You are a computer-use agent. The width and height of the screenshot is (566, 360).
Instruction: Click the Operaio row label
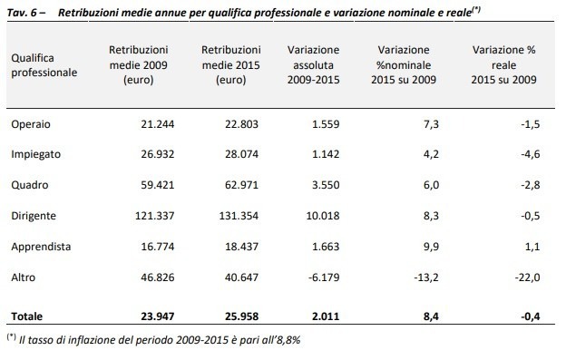tap(31, 124)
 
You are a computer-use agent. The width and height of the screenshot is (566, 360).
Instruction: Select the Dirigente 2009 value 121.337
tap(154, 216)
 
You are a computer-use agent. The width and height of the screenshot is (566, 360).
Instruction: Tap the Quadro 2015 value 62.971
tap(241, 185)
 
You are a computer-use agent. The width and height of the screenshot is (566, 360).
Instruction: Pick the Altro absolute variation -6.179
tap(324, 277)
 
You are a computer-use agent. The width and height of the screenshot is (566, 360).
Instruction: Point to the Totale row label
tap(26, 316)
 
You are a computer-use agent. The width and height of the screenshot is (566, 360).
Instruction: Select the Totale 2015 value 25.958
tap(241, 316)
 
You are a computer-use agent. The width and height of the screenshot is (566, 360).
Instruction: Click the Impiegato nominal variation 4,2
tap(431, 154)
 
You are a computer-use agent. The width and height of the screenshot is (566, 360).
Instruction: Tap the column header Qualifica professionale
tap(44, 65)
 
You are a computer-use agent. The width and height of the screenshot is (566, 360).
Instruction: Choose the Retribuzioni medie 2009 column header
tap(139, 65)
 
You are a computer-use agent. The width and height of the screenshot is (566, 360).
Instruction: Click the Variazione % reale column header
tap(504, 65)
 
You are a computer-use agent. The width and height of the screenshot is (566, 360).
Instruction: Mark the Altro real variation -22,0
tap(527, 277)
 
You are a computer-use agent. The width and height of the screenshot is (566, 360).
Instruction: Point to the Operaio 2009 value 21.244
tap(158, 124)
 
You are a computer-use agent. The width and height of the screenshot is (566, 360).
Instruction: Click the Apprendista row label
tap(41, 247)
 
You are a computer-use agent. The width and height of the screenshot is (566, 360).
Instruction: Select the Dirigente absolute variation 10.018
tap(323, 216)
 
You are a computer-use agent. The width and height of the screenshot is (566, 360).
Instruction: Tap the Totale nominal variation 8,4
tap(431, 316)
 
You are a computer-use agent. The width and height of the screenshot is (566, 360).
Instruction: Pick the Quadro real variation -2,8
tap(531, 185)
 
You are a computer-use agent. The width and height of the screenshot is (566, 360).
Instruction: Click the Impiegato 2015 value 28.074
tap(241, 154)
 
